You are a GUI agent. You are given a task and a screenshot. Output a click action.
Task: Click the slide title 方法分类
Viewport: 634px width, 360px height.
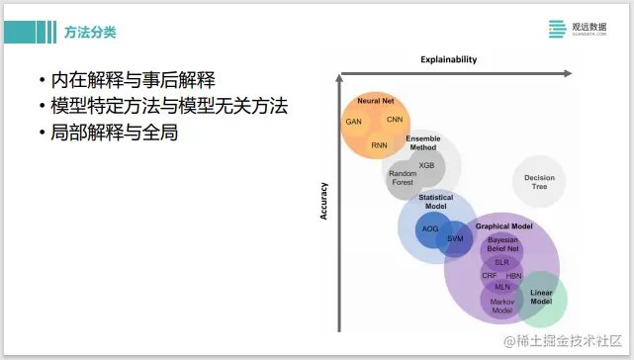click(91, 33)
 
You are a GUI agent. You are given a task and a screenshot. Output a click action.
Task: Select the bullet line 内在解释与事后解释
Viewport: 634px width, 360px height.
click(135, 80)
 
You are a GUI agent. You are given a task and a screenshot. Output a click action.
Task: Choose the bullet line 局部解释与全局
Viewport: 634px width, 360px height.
click(108, 132)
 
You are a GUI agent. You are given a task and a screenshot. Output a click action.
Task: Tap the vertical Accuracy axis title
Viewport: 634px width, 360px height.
click(323, 199)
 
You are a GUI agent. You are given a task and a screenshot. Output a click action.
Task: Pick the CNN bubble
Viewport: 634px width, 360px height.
click(395, 120)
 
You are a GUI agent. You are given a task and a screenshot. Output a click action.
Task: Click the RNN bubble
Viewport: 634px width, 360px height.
click(380, 144)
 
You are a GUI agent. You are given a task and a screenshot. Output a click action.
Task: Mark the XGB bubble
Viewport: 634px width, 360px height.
click(426, 165)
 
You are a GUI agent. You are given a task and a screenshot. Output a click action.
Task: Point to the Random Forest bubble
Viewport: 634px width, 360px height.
click(402, 178)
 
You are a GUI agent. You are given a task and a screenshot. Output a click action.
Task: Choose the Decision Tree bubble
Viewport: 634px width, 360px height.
click(540, 182)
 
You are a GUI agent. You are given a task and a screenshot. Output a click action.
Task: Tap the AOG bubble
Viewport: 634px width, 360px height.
click(430, 228)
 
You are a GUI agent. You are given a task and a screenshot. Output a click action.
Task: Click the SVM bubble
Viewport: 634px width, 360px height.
click(455, 238)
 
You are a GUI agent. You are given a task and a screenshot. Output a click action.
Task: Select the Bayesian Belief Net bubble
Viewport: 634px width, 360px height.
click(502, 243)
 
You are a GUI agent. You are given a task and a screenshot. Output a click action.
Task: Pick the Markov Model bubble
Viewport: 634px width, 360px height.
click(501, 306)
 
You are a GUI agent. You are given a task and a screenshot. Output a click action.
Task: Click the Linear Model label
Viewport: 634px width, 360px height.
click(542, 297)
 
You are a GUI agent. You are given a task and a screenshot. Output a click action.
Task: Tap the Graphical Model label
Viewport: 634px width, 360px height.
click(503, 226)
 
